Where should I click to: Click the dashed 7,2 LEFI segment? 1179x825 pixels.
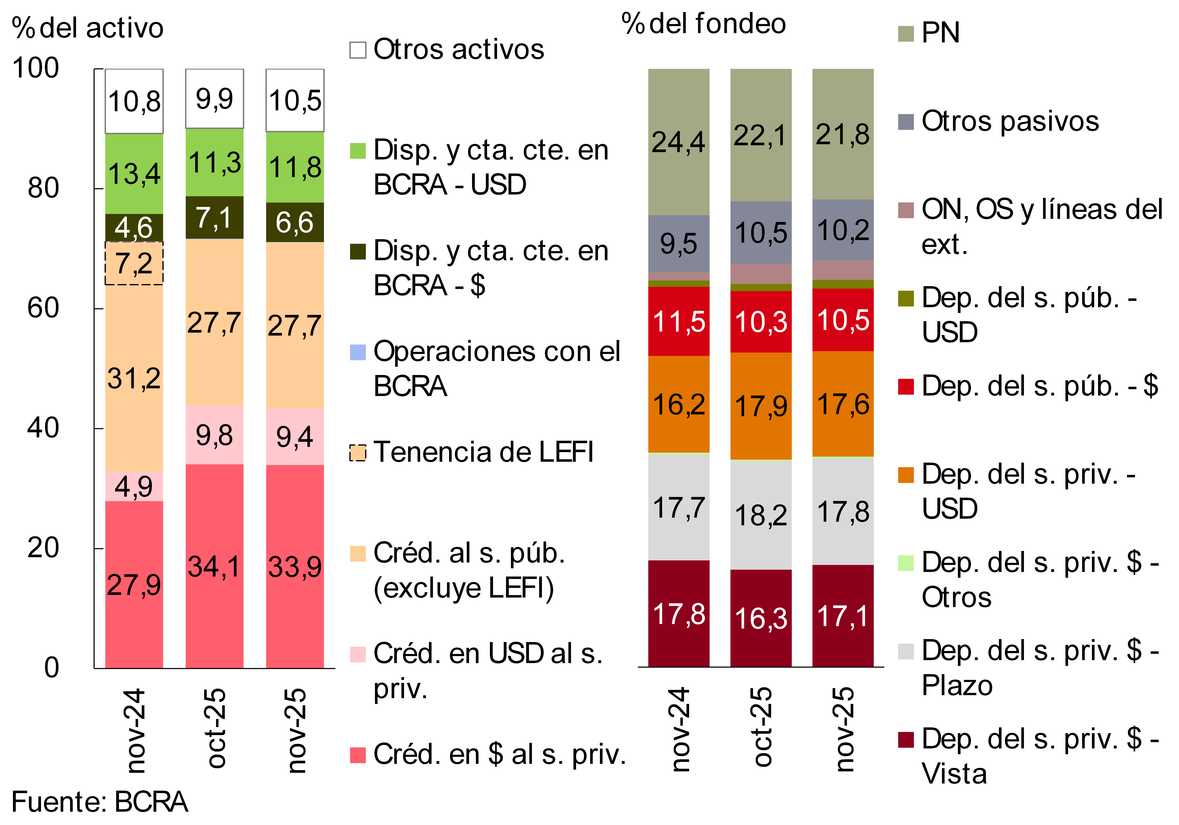134,263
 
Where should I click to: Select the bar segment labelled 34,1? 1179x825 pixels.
214,566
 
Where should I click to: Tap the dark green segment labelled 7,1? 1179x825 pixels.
214,217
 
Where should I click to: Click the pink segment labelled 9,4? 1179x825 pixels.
295,437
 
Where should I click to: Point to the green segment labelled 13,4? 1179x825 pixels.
134,174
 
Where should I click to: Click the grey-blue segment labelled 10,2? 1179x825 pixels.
843,230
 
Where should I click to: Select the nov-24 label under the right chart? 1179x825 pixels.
680,729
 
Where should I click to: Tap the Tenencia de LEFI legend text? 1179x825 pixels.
483,452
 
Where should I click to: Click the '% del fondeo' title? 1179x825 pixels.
703,24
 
